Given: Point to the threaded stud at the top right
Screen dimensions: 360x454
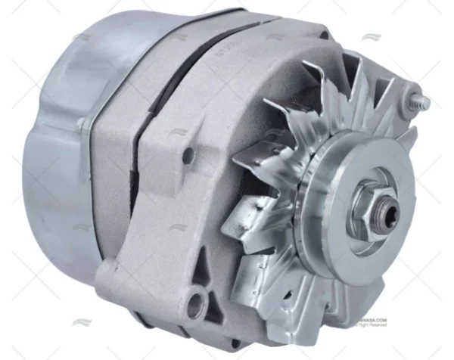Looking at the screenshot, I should pos(418,101).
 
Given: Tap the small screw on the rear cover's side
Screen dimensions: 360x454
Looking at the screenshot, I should pos(81,122).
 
